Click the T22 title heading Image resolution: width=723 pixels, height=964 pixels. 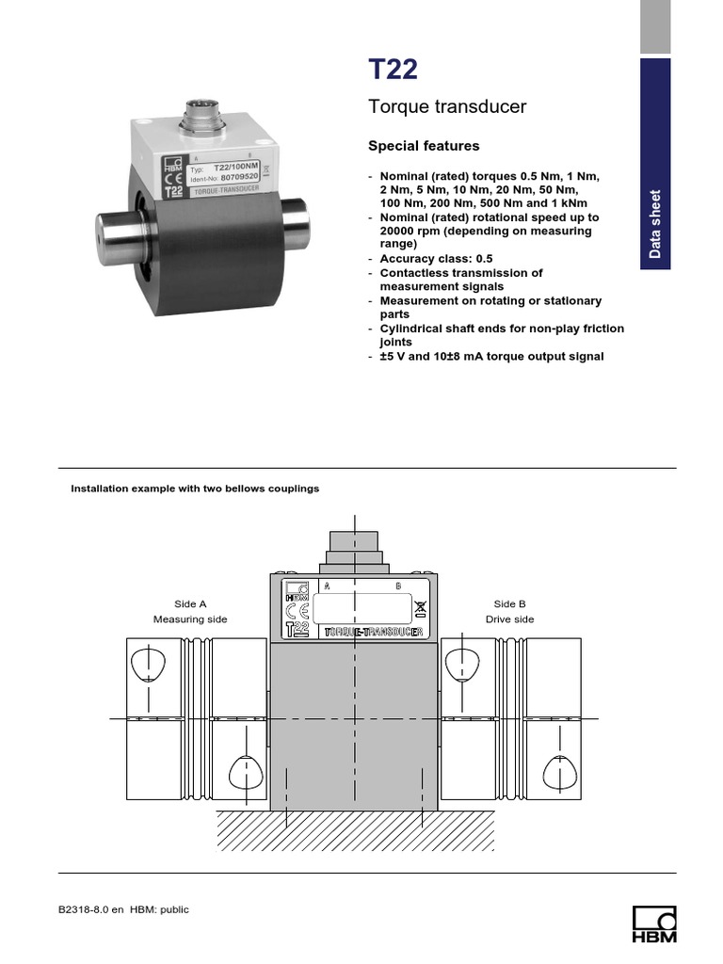[x=393, y=71]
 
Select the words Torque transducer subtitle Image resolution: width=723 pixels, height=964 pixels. [x=446, y=107]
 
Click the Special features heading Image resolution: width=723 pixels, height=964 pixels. [x=423, y=146]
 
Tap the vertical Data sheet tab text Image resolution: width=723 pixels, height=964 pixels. [x=655, y=224]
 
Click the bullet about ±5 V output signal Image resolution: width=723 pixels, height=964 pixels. [x=491, y=357]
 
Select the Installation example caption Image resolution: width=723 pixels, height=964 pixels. [x=196, y=489]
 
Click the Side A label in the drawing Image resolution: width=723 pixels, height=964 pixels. [x=190, y=604]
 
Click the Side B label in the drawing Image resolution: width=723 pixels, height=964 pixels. [x=509, y=604]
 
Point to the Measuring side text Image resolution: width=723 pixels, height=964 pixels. [x=190, y=619]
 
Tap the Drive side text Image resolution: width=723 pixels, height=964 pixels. [x=509, y=619]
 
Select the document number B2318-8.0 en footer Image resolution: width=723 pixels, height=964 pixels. [x=91, y=910]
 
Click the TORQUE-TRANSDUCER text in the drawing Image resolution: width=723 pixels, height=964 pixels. [x=372, y=633]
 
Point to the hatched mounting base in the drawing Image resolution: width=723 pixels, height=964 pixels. [x=354, y=829]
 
